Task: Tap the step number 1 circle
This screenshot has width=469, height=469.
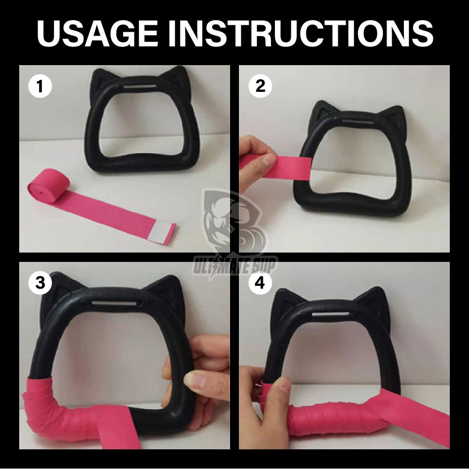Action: click(x=40, y=88)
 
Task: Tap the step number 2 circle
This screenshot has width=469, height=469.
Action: click(x=260, y=87)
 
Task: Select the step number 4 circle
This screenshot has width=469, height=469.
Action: click(x=260, y=283)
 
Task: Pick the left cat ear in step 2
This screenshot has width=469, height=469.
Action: click(x=324, y=112)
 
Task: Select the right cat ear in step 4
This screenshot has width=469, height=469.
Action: click(x=375, y=300)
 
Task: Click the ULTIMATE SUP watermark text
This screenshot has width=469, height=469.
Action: click(x=235, y=267)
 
